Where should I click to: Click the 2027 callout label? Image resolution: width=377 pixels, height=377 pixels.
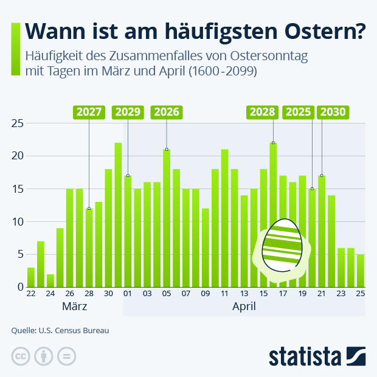(89, 112)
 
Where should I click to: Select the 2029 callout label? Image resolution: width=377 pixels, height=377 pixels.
(128, 112)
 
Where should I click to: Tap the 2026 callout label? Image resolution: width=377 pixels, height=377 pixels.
(167, 112)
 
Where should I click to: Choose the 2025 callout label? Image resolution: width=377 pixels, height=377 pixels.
(298, 112)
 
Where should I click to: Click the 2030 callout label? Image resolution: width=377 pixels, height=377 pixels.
(333, 112)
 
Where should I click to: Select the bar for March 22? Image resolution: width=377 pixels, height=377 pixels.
(30, 277)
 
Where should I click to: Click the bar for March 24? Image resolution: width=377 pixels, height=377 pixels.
(50, 280)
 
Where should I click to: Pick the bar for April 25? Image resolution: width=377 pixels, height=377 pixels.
(361, 271)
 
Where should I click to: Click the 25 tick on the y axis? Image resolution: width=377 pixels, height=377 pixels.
(18, 123)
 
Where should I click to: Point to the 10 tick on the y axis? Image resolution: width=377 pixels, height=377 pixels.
(18, 221)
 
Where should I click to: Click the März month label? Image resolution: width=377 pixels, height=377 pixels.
(74, 306)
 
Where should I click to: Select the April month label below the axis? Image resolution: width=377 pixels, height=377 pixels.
(244, 306)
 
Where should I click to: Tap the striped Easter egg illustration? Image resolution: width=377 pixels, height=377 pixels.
(282, 245)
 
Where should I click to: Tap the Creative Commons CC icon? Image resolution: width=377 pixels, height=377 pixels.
(21, 357)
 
